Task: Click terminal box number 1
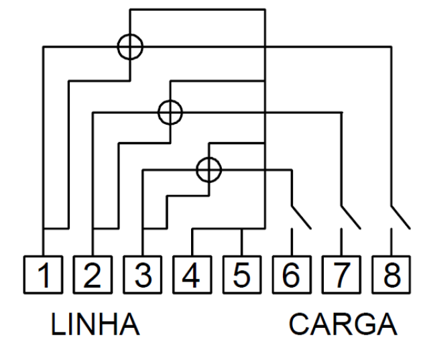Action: click(43, 275)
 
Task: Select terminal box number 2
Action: click(93, 275)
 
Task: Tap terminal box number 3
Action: click(142, 275)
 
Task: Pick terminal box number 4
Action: click(192, 275)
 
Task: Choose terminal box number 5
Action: click(242, 275)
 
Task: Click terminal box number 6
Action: click(292, 275)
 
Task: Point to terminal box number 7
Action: click(341, 275)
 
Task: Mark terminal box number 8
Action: click(392, 275)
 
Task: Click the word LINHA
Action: click(95, 324)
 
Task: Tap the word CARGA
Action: click(343, 324)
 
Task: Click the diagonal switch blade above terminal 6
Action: click(302, 217)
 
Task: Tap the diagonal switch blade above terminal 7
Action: click(351, 217)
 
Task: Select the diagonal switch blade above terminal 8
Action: click(401, 217)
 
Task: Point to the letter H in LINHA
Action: click(105, 324)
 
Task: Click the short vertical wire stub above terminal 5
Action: click(241, 242)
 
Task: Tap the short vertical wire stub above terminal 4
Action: click(192, 242)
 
